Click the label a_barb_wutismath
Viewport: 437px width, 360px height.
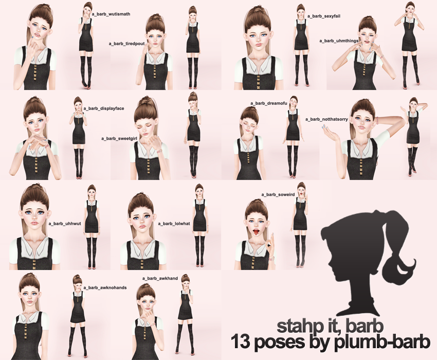(x=111, y=14)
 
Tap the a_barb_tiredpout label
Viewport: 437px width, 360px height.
(x=126, y=44)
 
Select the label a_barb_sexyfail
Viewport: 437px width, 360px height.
(x=323, y=16)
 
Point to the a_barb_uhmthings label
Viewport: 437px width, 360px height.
(x=339, y=41)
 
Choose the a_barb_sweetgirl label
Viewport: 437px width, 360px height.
(x=119, y=138)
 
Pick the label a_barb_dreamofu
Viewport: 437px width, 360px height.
(x=269, y=103)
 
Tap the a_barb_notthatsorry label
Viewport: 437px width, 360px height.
(x=326, y=119)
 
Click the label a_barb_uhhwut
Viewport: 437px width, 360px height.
(x=65, y=224)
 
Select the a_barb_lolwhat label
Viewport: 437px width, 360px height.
(x=174, y=224)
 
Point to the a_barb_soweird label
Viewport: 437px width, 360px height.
(x=278, y=194)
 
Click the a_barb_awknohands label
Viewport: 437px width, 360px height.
(x=105, y=287)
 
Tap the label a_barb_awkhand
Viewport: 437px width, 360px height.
(x=160, y=278)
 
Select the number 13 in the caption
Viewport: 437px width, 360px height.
(x=242, y=342)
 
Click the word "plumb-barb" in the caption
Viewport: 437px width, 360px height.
(x=383, y=343)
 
